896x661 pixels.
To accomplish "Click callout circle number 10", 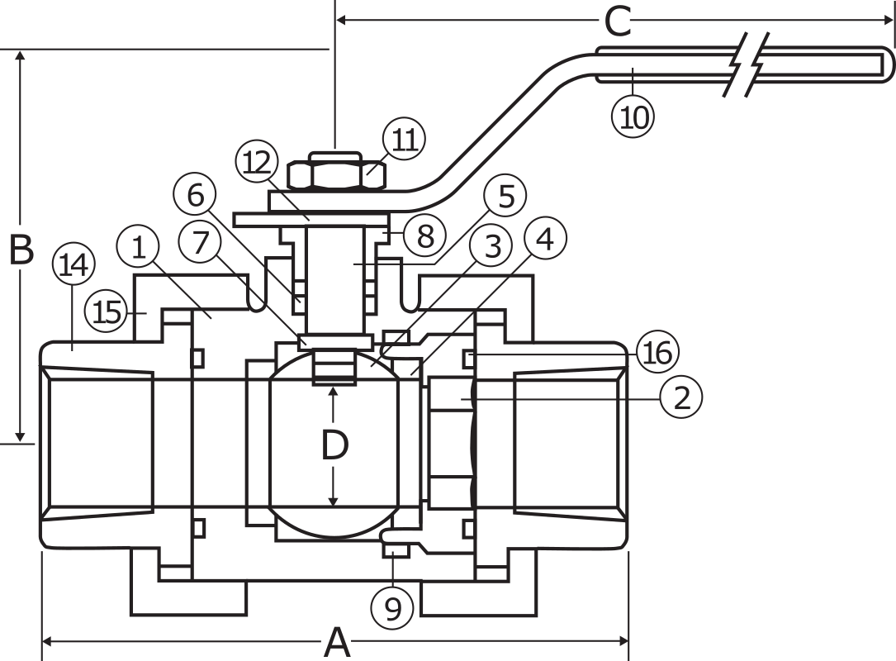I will tap(633, 117).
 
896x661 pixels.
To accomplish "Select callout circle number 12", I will tap(257, 163).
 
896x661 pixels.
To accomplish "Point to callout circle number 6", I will tap(195, 196).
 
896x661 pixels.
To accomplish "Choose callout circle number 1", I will tap(139, 247).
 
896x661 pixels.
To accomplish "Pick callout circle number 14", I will tap(73, 266).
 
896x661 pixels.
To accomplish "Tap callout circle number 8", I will tap(424, 237).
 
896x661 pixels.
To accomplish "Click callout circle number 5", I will tap(505, 197).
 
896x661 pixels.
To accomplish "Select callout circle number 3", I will tap(492, 245).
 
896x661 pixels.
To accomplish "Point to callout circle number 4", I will tap(544, 240).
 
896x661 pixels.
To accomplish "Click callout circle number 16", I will tap(657, 353).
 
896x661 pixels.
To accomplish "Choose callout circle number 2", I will tap(681, 398).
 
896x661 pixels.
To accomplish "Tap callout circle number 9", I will tap(392, 609).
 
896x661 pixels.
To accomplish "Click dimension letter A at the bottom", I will tap(336, 642).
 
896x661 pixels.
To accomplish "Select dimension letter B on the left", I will tap(21, 250).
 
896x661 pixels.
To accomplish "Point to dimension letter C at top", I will tap(618, 22).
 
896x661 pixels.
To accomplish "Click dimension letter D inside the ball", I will tap(334, 446).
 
